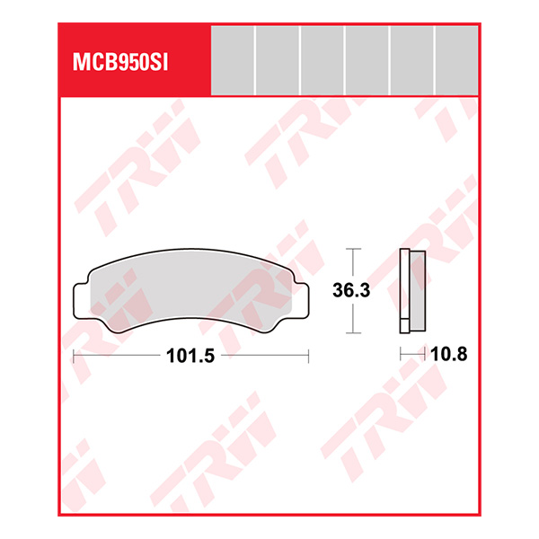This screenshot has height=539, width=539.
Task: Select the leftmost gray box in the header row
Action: [232, 60]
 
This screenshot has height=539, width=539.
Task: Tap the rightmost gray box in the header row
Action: [456, 60]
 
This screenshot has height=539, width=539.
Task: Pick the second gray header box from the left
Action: [277, 60]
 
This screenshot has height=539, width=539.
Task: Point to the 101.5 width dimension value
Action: [190, 356]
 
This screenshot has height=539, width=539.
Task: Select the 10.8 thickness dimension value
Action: [449, 355]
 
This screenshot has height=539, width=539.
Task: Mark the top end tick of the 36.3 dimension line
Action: [355, 248]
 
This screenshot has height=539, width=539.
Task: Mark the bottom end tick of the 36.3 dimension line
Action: [355, 333]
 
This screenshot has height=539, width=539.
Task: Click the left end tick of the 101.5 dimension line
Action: [73, 356]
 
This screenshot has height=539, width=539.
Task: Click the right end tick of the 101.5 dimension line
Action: [307, 356]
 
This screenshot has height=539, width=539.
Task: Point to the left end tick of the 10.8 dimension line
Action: [400, 356]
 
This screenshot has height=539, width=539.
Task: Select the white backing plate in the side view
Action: [404, 287]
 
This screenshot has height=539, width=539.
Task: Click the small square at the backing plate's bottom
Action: [404, 325]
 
